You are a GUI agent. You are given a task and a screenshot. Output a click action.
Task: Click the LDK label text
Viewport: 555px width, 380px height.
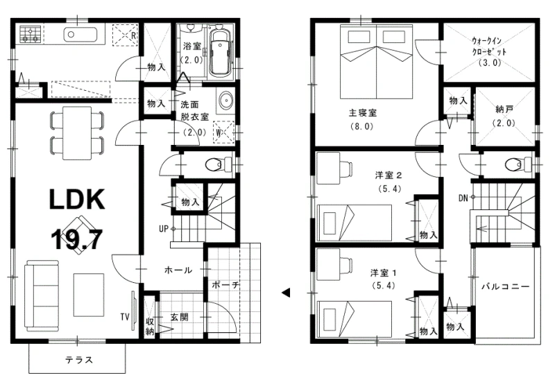point(77,199)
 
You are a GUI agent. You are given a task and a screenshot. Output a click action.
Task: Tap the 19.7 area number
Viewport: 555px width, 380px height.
point(77,239)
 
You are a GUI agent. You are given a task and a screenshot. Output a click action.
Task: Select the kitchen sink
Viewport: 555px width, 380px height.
point(80,35)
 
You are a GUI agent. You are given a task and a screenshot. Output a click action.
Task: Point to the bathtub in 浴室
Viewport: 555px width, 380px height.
point(220,53)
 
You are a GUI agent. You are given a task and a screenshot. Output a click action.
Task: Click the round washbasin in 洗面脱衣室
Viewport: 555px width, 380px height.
point(224,100)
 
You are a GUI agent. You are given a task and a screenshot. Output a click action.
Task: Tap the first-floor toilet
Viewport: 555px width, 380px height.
point(218,164)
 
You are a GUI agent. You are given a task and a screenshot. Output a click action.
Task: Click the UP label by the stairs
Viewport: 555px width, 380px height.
point(164,229)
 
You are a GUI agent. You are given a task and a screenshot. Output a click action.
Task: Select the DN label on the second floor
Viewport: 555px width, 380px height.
point(463,198)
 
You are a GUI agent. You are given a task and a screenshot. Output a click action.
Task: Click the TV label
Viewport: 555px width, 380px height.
point(125,317)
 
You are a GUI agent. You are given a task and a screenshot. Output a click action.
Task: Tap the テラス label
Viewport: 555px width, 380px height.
point(79,360)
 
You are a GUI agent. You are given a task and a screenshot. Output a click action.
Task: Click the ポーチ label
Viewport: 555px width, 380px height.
point(225,285)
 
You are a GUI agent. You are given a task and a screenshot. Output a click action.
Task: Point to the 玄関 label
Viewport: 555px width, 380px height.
point(180,317)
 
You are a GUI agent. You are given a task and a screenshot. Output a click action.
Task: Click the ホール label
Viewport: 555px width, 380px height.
point(178,270)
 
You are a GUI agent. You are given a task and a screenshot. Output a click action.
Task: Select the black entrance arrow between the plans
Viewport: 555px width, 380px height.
point(286,293)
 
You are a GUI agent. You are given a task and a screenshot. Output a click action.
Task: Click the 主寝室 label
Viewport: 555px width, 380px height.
point(363,113)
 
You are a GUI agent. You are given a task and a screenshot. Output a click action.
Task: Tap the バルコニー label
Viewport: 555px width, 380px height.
point(506,286)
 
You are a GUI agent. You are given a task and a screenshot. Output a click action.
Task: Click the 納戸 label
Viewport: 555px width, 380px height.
point(505,110)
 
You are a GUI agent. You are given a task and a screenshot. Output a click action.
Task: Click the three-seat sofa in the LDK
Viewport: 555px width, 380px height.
point(42,296)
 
